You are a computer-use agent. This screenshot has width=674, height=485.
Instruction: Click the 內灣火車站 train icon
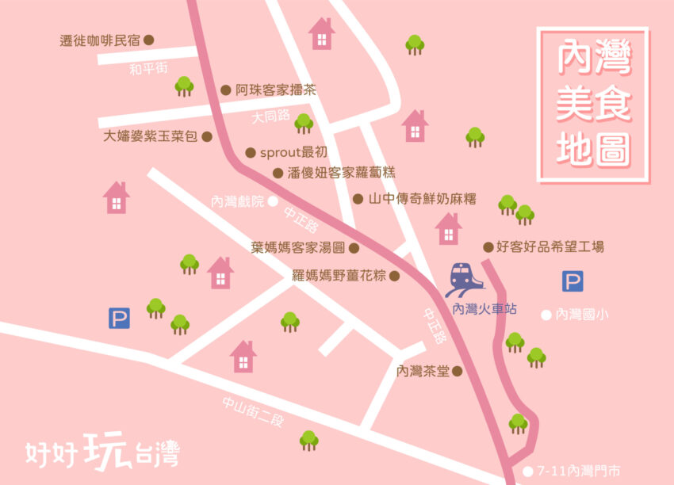click(465, 280)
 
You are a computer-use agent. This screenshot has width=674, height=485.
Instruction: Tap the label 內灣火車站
click(484, 309)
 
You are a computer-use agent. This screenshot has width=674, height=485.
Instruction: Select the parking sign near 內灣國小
click(573, 281)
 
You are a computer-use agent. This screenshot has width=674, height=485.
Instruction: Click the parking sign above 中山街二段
click(119, 319)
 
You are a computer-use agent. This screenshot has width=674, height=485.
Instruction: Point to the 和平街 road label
click(148, 69)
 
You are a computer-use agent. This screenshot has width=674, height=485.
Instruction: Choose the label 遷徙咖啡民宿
click(100, 40)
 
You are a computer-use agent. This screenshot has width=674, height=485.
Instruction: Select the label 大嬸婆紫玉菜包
click(150, 136)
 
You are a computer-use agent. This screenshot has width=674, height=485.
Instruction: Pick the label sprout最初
click(293, 152)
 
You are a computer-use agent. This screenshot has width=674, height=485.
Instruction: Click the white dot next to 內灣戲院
click(273, 201)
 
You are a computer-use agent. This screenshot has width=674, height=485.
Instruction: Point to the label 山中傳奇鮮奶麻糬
click(423, 199)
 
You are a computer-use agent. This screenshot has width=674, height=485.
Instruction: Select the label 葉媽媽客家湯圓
click(298, 247)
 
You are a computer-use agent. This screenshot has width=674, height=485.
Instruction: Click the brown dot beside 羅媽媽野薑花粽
click(394, 277)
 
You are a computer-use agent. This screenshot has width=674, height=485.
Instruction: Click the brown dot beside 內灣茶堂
click(457, 370)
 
